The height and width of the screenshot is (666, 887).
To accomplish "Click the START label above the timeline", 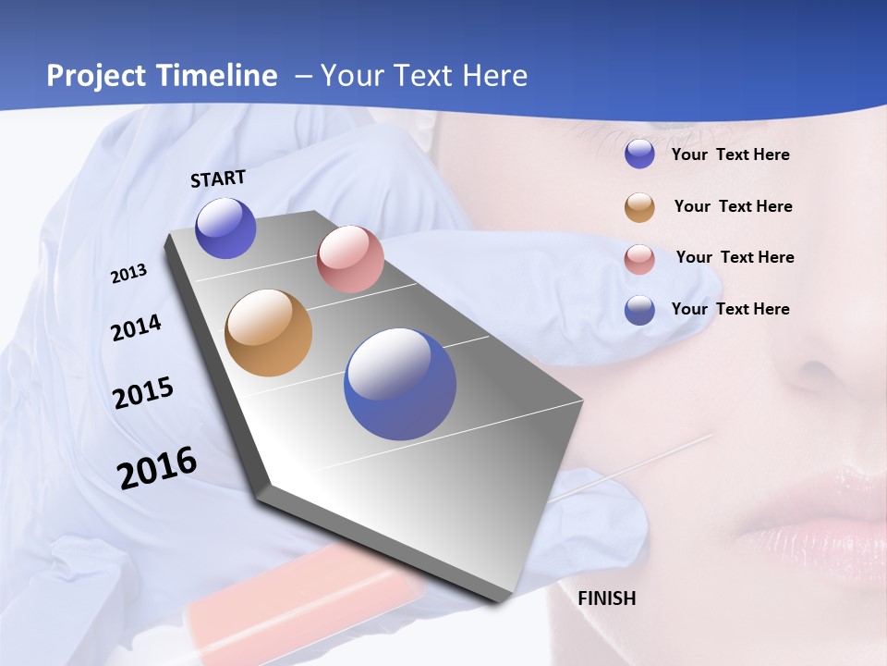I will click(218, 179).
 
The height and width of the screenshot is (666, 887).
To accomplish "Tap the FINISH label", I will click(606, 598).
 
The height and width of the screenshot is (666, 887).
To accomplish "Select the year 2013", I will click(128, 274).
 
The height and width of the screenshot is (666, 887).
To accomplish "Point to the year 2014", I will click(136, 327).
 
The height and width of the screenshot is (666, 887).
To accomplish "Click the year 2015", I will click(143, 393).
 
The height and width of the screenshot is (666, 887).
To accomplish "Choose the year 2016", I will click(157, 468).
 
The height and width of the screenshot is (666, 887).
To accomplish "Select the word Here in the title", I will click(494, 76).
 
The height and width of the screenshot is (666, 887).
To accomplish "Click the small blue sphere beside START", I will click(225, 228).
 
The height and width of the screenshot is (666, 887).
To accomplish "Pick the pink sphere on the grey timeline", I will click(350, 259).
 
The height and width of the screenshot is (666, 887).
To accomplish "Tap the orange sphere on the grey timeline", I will click(268, 333).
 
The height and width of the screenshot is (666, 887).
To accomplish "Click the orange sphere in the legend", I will click(639, 207).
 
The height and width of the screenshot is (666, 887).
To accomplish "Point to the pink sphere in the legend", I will click(639, 259).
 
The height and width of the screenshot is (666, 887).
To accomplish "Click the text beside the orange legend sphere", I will click(733, 206).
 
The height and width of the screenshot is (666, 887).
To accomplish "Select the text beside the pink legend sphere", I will click(735, 257).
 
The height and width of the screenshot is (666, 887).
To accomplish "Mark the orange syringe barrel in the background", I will click(305, 592).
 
